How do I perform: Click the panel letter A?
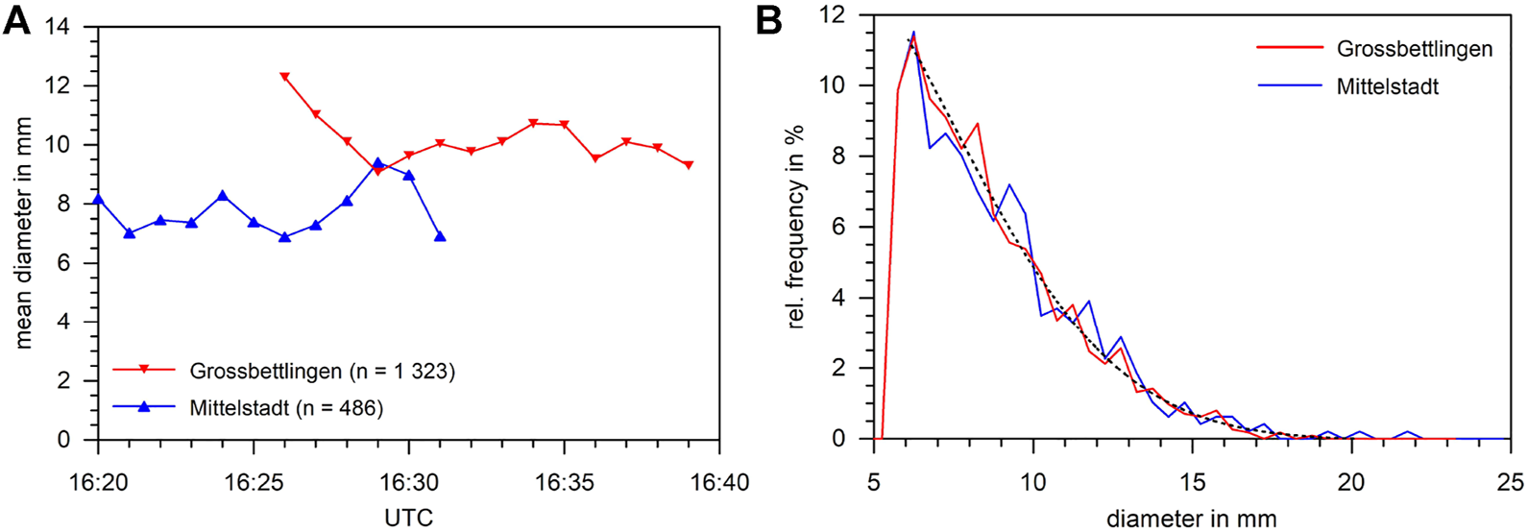(x=16, y=20)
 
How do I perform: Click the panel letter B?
(x=769, y=20)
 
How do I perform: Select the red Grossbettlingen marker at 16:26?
(x=284, y=77)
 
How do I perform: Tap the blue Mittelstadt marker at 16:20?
(x=98, y=199)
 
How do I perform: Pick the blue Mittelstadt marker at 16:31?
(x=440, y=236)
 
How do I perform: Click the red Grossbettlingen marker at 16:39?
(x=689, y=165)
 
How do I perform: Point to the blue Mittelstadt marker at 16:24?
(x=223, y=196)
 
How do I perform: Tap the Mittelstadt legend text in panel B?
(x=1388, y=86)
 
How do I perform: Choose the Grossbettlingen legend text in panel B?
(x=1415, y=49)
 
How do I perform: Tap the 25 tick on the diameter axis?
(x=1509, y=480)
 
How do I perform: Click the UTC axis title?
(x=409, y=518)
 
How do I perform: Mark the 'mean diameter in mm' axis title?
(x=23, y=233)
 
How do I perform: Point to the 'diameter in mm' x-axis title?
(x=1192, y=519)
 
